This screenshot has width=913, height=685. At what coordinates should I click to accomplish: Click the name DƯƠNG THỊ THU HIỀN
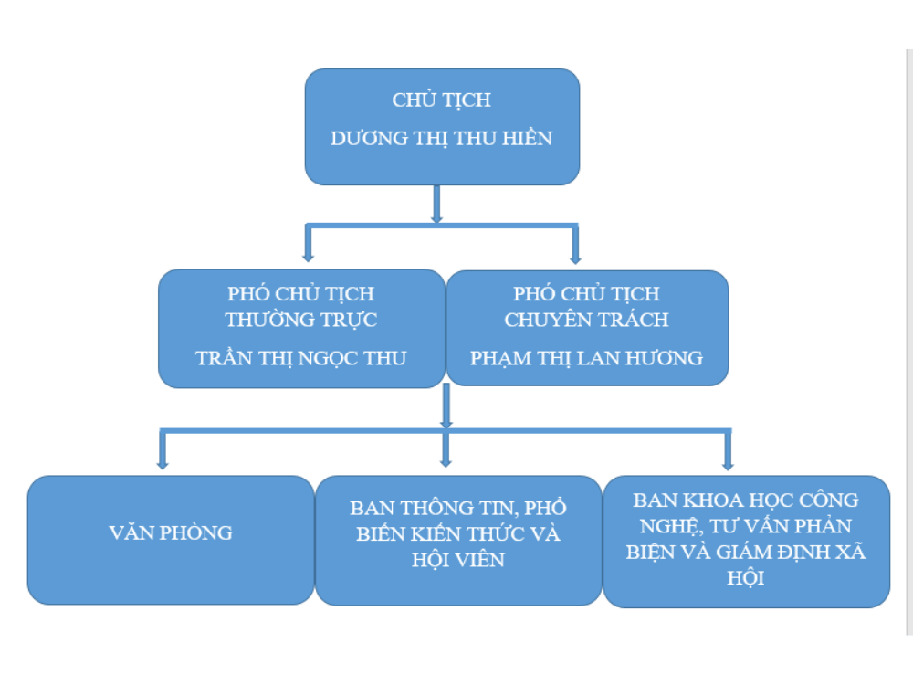[442, 139]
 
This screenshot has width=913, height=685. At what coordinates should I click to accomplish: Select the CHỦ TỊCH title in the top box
[442, 100]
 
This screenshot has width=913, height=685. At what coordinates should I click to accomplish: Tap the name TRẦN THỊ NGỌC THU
[301, 358]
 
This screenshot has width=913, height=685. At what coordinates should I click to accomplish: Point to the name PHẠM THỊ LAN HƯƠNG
[587, 358]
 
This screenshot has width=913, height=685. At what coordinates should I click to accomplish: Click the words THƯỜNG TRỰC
[301, 320]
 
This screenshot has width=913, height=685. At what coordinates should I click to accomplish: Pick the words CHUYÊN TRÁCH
[587, 320]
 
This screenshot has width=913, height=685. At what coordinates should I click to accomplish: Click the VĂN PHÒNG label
[171, 532]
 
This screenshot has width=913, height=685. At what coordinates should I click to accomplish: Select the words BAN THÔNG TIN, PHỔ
[458, 508]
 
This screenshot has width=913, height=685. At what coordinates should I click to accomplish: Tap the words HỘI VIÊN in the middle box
[458, 560]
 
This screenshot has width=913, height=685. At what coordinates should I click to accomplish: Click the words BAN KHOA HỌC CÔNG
[746, 500]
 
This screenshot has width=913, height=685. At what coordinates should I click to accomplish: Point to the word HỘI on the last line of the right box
[746, 578]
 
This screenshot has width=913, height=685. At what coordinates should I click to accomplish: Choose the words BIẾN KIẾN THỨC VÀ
[458, 534]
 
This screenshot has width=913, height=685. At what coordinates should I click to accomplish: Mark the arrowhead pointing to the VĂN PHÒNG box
[163, 463]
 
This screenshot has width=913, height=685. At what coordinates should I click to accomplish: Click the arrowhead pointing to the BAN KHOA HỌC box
[728, 464]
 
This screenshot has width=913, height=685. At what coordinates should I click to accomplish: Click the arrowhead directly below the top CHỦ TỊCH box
[436, 218]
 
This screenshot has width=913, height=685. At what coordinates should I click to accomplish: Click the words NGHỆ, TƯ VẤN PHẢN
[746, 526]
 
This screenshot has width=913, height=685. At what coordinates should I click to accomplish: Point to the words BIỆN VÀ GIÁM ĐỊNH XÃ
[746, 553]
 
